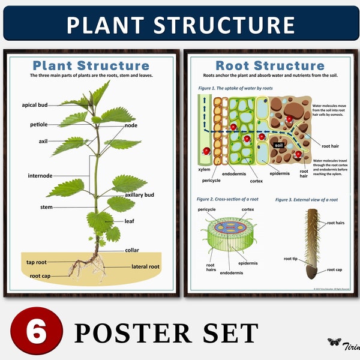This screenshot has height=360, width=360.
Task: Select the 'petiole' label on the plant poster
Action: pos(38,125)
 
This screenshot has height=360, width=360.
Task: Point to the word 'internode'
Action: pos(40,176)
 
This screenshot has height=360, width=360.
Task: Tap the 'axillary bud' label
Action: pos(140,195)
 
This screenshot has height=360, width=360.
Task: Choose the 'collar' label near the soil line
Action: pos(132,250)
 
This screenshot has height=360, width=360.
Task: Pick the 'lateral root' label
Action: pos(146,266)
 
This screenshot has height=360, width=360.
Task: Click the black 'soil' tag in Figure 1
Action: pos(278,145)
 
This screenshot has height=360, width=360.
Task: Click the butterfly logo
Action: pos(334,342)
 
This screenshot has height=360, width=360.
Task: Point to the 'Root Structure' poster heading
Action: pos(269,65)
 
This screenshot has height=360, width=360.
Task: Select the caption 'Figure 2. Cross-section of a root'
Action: pos(229,199)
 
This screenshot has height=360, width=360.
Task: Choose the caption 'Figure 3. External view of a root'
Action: pos(306,199)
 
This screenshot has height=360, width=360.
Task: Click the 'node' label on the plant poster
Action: pos(131,125)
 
